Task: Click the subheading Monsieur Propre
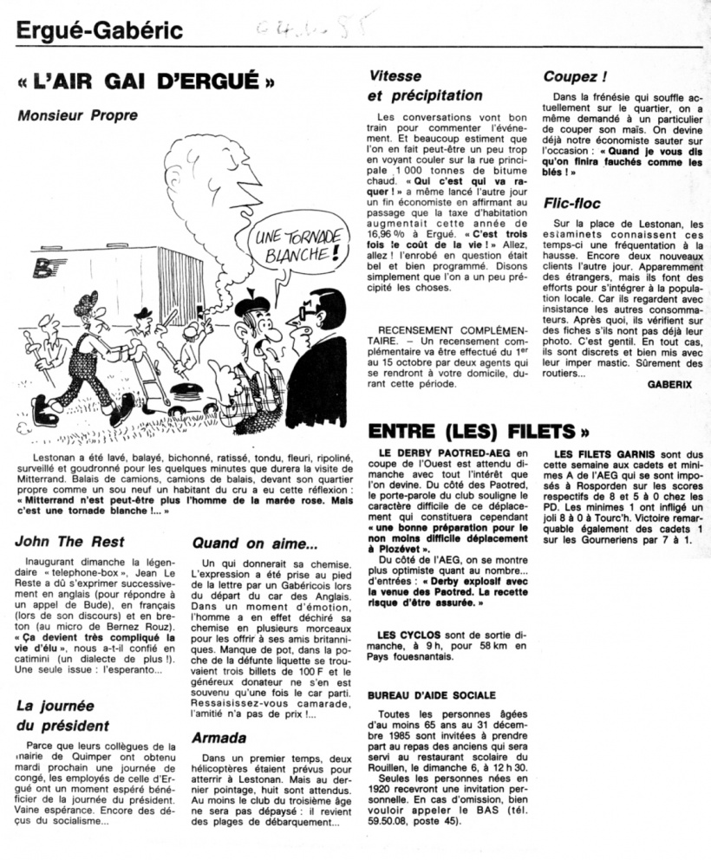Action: tap(78, 116)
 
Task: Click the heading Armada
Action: tap(219, 738)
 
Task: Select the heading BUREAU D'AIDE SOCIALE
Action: tap(432, 694)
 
